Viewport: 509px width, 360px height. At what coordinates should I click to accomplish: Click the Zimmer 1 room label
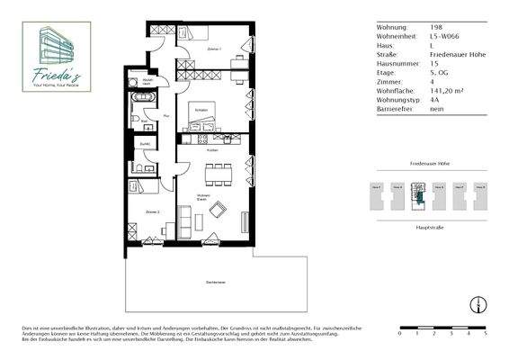click(x=213, y=49)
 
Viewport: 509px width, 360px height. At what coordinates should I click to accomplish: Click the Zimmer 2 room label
click(x=152, y=212)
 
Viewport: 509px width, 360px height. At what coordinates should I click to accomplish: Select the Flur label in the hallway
click(x=167, y=116)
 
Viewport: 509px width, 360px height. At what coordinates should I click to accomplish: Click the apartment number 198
click(x=436, y=27)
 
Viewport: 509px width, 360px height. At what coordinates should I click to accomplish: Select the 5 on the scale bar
click(x=485, y=333)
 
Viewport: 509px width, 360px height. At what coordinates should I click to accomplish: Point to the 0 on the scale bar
click(x=399, y=333)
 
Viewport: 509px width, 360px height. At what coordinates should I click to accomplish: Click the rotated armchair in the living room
click(x=218, y=210)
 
